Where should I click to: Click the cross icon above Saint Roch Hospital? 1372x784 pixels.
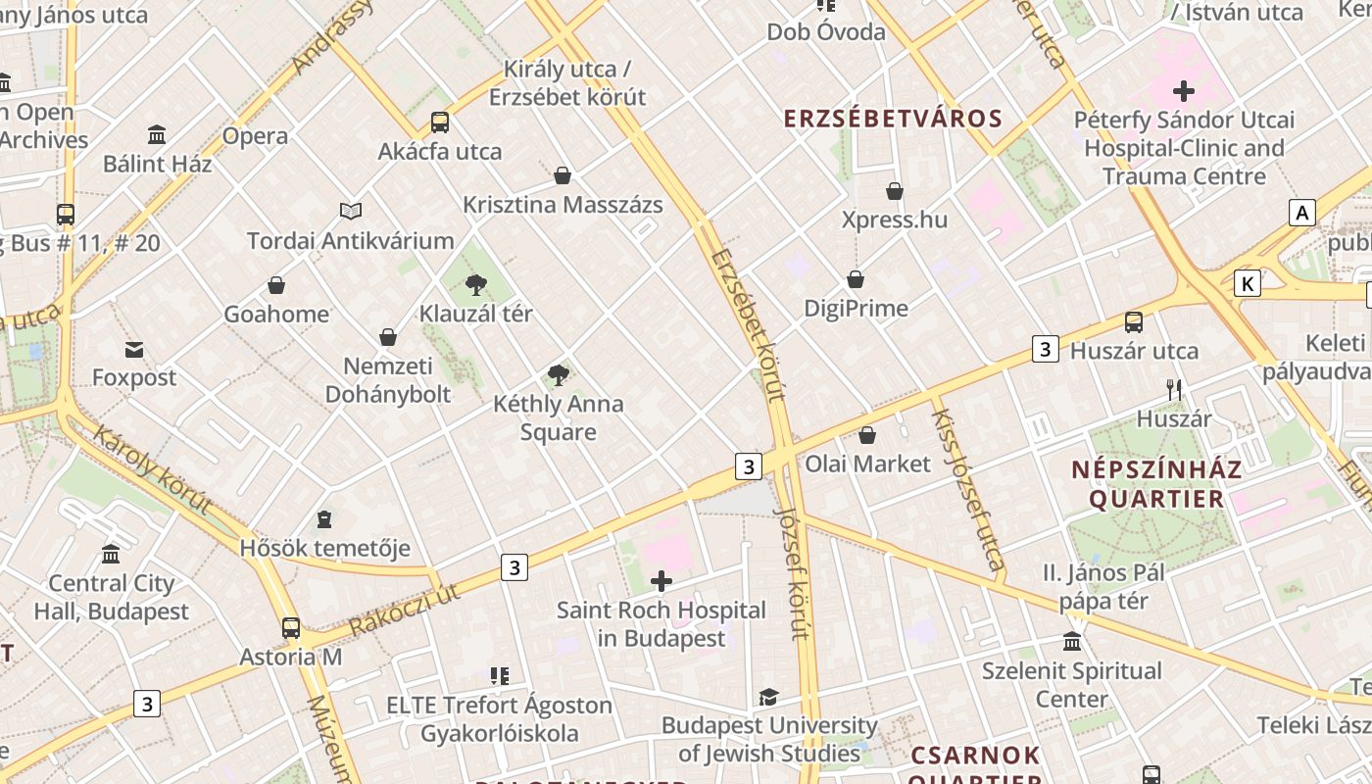661,581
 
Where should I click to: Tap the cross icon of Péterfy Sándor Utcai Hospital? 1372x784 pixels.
1184,91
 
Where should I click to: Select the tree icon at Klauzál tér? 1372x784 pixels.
476,285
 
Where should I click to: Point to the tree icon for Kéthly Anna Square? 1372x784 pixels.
559,374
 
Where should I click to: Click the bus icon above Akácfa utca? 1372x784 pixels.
440,122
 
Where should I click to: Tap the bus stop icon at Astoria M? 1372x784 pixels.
291,628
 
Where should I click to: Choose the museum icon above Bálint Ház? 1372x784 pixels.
157,134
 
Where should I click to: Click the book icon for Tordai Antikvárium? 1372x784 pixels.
351,211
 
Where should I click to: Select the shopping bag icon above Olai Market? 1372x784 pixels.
867,434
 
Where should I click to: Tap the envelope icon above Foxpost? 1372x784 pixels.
134,349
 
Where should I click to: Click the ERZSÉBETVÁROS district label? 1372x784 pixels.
893,120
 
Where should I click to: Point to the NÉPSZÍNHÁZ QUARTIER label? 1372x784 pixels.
1156,484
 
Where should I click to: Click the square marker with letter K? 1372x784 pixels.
1247,283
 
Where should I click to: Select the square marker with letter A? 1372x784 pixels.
1301,213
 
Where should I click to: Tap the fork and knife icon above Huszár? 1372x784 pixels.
1174,389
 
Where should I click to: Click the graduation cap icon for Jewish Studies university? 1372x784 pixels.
769,697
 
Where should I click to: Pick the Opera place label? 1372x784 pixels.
255,136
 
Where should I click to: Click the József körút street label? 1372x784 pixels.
792,572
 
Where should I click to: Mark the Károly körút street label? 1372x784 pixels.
152,469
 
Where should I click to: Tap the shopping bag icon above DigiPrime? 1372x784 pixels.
856,279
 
